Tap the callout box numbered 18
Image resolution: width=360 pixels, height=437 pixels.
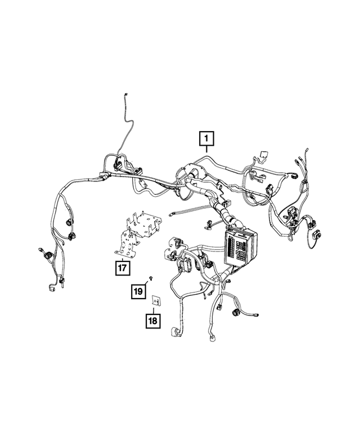pyautogui.click(x=153, y=321)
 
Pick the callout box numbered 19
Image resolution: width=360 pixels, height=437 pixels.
pyautogui.click(x=138, y=291)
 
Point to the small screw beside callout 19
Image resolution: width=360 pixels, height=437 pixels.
pyautogui.click(x=152, y=279)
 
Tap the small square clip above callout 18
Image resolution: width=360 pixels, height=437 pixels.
pyautogui.click(x=154, y=302)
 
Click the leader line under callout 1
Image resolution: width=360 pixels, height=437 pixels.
pyautogui.click(x=206, y=150)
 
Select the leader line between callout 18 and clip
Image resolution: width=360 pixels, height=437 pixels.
pyautogui.click(x=154, y=310)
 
